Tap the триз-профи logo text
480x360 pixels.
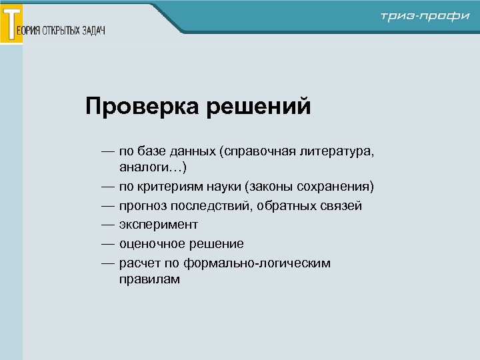[x=425, y=16]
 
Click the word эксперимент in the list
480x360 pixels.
[x=159, y=225]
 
